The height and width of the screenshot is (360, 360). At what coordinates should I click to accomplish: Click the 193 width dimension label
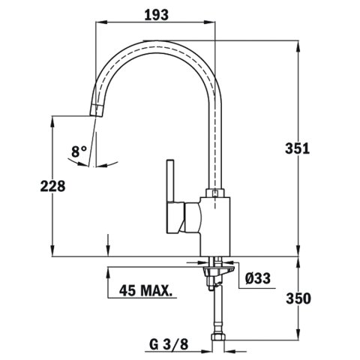coord(157,15)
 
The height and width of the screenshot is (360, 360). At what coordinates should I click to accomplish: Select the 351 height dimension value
coord(297,148)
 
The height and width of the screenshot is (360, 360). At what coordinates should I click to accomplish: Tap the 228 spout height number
coord(52,186)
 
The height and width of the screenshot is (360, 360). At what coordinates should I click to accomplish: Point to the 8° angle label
coord(79,151)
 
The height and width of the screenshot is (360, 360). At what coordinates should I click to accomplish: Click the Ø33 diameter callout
coord(258,278)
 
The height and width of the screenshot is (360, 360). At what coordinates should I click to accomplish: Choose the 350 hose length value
coord(298,298)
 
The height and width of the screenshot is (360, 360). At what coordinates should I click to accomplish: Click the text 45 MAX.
coord(145,290)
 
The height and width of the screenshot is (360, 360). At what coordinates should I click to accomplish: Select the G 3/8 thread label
coord(169,345)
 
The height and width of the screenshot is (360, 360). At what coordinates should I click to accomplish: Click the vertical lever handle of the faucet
coord(171,180)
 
